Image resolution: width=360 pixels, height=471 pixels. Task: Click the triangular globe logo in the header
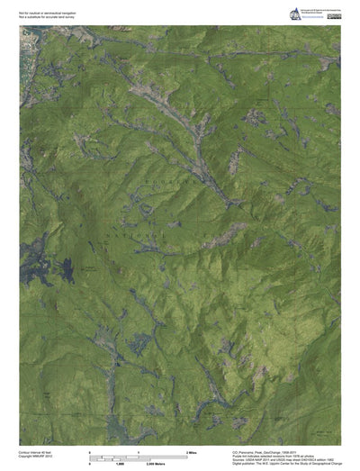(295, 12)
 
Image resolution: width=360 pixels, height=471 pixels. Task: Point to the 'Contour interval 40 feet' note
(35, 452)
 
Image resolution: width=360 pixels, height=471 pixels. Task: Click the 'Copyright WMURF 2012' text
(35, 457)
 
